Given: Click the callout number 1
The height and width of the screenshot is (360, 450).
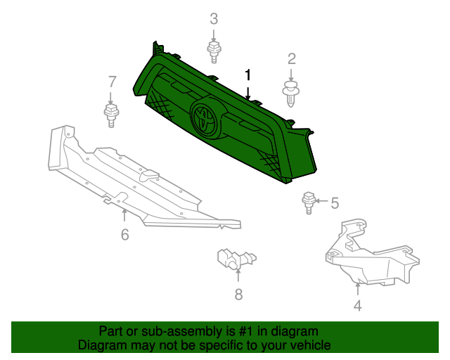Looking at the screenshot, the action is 248,75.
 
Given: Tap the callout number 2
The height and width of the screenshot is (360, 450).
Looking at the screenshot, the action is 292,59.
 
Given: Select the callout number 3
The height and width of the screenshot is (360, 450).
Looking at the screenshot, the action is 214,19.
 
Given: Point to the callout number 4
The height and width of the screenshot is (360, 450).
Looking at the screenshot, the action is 358,305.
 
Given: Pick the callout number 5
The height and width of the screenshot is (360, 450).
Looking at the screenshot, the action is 335,203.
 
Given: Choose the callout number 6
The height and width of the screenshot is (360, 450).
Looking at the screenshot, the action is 125,235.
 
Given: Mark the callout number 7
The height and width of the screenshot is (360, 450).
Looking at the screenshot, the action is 112,82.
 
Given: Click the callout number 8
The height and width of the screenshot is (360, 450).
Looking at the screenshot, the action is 238,295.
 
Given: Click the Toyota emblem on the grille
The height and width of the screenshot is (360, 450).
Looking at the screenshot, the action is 205,118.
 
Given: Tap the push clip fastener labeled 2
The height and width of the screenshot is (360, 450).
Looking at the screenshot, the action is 290,94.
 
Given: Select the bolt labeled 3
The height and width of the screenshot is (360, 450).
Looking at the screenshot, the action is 214,52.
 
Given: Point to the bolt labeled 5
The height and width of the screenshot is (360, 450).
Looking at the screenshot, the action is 309,202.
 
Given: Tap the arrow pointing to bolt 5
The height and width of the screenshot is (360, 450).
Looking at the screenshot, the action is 321,201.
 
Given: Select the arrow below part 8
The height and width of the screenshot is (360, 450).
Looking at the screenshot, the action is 238,275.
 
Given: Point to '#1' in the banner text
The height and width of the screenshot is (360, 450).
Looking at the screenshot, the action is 245,332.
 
